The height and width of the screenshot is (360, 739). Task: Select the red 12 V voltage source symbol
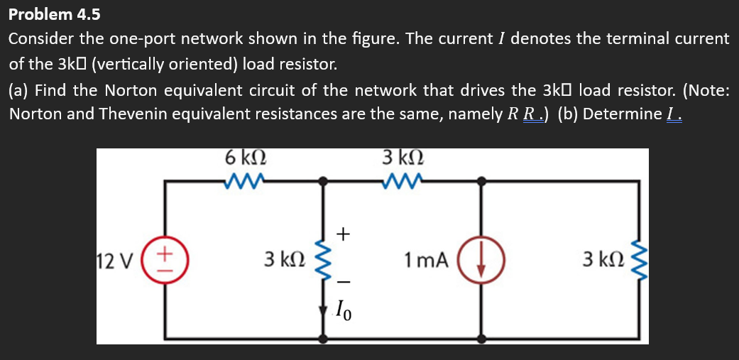click(x=165, y=260)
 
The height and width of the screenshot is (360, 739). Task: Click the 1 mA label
click(x=427, y=261)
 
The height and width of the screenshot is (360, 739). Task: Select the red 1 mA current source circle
click(x=483, y=260)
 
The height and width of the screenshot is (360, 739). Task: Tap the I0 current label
click(x=342, y=310)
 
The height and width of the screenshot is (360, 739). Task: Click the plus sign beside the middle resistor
click(x=343, y=232)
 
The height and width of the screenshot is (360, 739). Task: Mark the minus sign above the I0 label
click(x=343, y=283)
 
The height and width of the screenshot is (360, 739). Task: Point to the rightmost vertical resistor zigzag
click(x=640, y=260)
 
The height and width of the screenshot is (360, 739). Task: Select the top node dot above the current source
click(x=483, y=182)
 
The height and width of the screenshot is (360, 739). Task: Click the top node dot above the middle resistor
click(x=324, y=182)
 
